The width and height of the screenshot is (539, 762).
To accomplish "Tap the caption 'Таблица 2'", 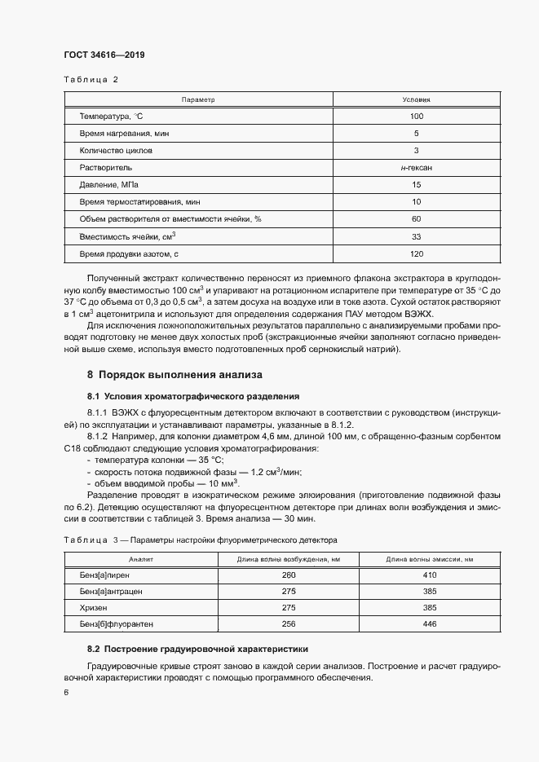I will click(91, 79).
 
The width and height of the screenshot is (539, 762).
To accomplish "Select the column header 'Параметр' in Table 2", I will click(198, 99).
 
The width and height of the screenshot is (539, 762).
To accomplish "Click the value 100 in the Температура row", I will click(416, 116).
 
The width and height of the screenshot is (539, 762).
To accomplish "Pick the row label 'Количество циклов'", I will click(116, 150).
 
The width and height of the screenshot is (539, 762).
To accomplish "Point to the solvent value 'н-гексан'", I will click(416, 167).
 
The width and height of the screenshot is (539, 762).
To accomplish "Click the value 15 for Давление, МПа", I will click(416, 184).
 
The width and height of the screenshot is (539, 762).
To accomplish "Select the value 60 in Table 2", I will click(416, 218).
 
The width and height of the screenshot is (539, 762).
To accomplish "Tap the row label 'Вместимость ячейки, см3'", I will click(127, 236).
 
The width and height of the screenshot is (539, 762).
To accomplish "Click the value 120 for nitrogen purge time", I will click(416, 253).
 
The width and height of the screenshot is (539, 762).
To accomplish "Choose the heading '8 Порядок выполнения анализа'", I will click(175, 376).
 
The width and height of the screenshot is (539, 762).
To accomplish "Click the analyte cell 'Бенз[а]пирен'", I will click(104, 575).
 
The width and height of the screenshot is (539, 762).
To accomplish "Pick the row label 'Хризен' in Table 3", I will click(93, 607).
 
